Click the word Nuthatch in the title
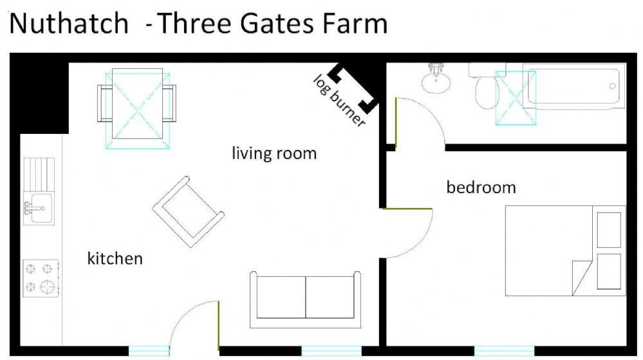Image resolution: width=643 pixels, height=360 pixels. click(x=69, y=23)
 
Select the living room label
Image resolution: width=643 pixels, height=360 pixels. click(x=274, y=153)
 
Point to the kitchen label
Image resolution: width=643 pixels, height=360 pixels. click(x=115, y=259)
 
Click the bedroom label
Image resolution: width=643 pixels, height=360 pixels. click(x=481, y=187)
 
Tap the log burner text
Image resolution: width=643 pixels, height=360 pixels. click(x=339, y=100)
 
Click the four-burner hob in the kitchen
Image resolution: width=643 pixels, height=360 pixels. click(x=41, y=278)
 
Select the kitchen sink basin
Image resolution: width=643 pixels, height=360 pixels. click(x=40, y=208)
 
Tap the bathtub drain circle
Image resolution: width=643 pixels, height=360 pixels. click(x=613, y=86)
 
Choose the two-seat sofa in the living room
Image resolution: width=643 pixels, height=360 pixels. click(x=306, y=299)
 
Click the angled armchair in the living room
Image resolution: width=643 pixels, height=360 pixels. click(x=189, y=212)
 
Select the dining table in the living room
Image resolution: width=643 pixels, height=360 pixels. click(x=137, y=104)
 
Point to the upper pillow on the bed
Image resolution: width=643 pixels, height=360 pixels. click(x=609, y=231)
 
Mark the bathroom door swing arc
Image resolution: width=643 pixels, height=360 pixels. click(x=429, y=110)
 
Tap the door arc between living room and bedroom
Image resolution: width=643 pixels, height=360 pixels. click(x=422, y=242)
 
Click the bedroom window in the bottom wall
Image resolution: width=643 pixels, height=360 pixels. click(x=504, y=351)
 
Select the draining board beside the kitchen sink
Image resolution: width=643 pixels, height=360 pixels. click(x=39, y=175)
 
